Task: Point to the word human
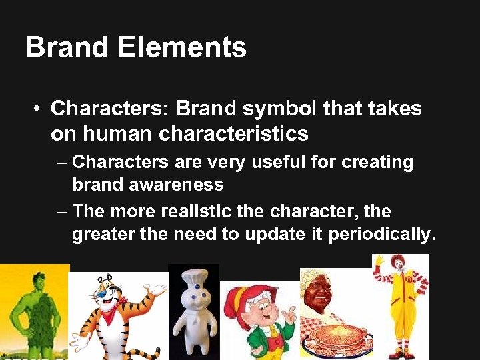(x=116, y=134)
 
